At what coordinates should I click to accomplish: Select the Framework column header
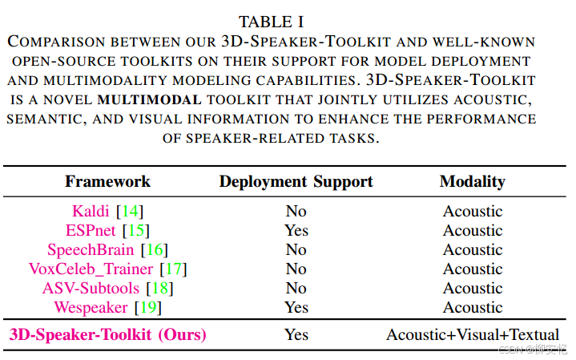coord(107,181)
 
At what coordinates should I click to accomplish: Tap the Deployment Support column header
coord(296,181)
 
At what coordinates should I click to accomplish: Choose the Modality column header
coord(473,181)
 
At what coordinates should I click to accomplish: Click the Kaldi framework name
coord(91,212)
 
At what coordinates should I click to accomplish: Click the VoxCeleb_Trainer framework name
coord(92,269)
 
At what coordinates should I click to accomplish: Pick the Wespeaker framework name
coord(91,308)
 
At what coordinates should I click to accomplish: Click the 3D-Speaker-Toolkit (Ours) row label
coord(107,334)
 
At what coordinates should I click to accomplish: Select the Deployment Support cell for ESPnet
coord(296,231)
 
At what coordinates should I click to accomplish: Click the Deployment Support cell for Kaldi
coord(296,212)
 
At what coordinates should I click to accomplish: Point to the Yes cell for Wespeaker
coord(296,308)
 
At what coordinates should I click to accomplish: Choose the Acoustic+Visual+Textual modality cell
coord(473,334)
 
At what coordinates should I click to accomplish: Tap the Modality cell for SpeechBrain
coord(473,250)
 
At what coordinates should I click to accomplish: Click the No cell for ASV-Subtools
coord(296,289)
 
